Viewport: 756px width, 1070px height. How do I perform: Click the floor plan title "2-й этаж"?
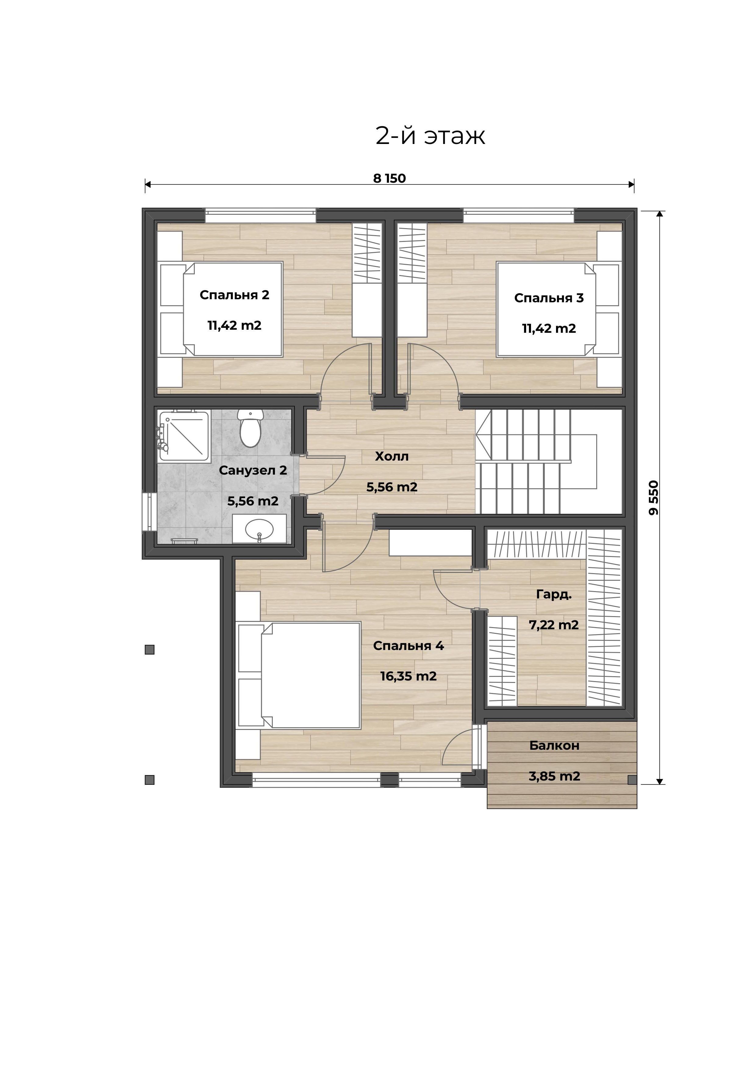point(430,136)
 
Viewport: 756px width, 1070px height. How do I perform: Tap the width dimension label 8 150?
point(389,178)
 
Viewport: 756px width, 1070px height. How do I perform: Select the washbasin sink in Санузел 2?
point(259,530)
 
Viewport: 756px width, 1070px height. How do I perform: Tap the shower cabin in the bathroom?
point(183,436)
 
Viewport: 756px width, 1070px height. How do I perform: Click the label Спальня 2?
point(234,295)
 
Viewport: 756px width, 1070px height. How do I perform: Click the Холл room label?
point(392,457)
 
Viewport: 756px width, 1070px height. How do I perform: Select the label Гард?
point(554,595)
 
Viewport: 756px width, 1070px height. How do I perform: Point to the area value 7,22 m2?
point(554,625)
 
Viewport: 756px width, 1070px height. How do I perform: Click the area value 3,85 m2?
point(554,776)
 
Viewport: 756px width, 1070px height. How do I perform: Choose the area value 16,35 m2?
point(408,676)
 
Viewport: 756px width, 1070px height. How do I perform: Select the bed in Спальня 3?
point(558,310)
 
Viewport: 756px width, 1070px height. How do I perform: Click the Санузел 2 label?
point(253,471)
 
